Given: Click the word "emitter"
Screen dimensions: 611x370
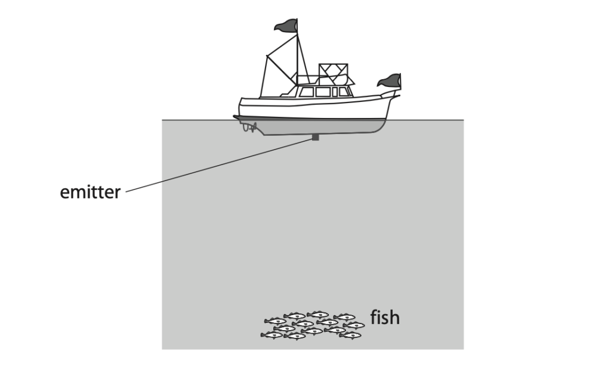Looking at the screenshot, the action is click(90, 192).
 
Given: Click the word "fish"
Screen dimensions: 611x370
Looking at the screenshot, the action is click(385, 317).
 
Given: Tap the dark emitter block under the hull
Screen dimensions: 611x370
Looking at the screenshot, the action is click(316, 137).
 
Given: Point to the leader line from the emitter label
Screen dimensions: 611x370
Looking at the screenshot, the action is click(219, 165).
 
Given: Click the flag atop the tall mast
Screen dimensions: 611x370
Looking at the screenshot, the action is click(286, 25).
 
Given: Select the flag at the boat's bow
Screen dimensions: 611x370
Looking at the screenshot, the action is click(389, 80).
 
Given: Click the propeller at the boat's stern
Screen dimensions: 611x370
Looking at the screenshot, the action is click(249, 126).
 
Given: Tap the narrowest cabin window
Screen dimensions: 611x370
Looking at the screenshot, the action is click(335, 92).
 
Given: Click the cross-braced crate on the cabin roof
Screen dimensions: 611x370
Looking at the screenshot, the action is click(333, 74).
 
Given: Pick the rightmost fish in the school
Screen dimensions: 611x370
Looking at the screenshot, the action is click(354, 325).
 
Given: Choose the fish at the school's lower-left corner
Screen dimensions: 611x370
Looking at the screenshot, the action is click(271, 335).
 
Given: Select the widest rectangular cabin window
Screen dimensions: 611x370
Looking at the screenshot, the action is click(323, 92).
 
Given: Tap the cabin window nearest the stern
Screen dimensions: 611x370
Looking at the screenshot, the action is click(306, 92).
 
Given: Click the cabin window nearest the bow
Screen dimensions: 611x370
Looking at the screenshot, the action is click(344, 92).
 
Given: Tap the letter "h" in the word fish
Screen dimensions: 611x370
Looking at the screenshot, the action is click(394, 317).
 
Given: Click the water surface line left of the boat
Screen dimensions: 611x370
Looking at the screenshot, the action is click(198, 120).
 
